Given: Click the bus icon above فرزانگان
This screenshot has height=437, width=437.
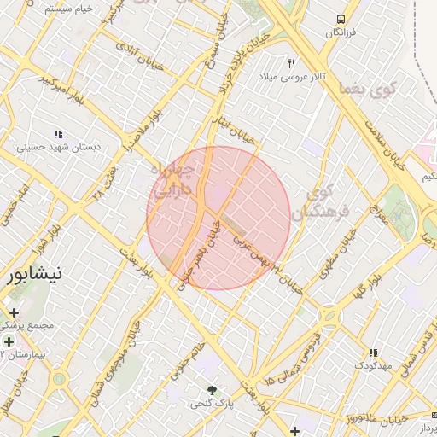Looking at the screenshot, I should coord(341,19).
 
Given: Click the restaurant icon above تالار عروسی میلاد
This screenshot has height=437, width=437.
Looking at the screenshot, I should coord(292,64).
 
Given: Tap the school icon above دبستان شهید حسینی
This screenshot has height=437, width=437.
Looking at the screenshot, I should coord(59,134).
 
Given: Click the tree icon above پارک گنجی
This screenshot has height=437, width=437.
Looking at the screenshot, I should coord(212,388).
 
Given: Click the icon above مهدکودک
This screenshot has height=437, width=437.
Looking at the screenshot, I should coord(372,353).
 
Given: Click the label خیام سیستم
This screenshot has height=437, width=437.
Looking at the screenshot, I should coord(67,9).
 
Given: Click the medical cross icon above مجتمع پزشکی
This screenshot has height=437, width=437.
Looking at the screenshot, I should coord(15,313).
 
